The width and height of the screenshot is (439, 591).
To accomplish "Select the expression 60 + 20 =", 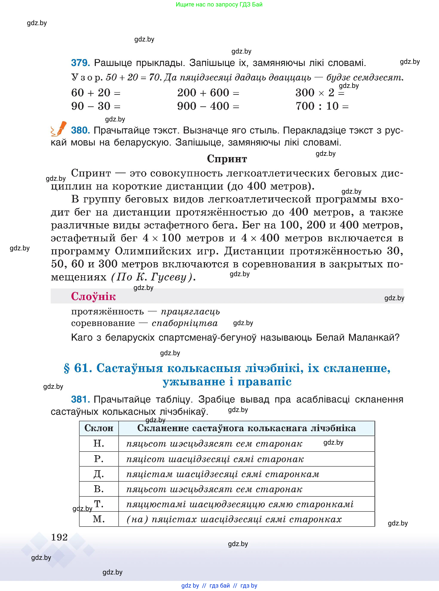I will click(x=96, y=93).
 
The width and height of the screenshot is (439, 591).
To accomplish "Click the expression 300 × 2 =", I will click(x=320, y=93).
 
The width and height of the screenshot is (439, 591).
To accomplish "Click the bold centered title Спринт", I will click(x=227, y=159).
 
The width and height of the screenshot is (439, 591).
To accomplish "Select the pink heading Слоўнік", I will click(x=93, y=296).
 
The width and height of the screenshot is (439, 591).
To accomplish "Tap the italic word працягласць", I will click(x=190, y=311).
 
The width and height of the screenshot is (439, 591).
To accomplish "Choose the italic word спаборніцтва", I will click(x=185, y=323).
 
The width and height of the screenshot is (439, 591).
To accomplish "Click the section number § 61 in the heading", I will click(x=78, y=368).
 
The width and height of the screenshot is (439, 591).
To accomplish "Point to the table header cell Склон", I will click(x=99, y=428).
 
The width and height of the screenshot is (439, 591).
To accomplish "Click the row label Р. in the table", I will click(x=99, y=459).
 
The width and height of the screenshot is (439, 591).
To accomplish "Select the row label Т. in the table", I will click(x=99, y=504).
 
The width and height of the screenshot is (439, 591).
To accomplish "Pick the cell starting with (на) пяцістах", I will click(x=234, y=519).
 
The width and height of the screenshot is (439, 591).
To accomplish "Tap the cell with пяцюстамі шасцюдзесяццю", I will click(x=240, y=504).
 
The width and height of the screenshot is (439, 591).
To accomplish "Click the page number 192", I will click(x=59, y=537).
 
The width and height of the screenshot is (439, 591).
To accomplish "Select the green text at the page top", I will click(x=219, y=5).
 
